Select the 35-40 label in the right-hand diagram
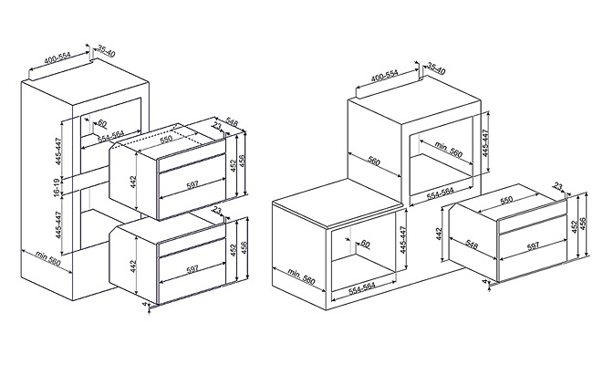click(435, 70)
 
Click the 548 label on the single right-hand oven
click(471, 244)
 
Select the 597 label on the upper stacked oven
click(192, 185)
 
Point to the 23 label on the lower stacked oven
click(217, 210)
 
